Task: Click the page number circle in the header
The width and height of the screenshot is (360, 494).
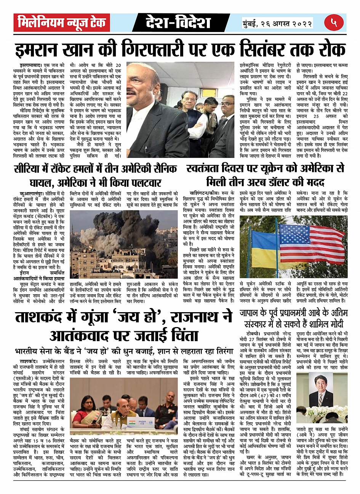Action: coord(334,22)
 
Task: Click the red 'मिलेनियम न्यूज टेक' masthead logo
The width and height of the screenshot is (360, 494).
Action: coord(62,22)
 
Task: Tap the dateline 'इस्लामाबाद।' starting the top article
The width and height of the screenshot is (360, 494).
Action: coord(31,66)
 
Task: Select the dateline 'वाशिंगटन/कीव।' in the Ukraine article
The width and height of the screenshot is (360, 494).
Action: coord(205,194)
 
